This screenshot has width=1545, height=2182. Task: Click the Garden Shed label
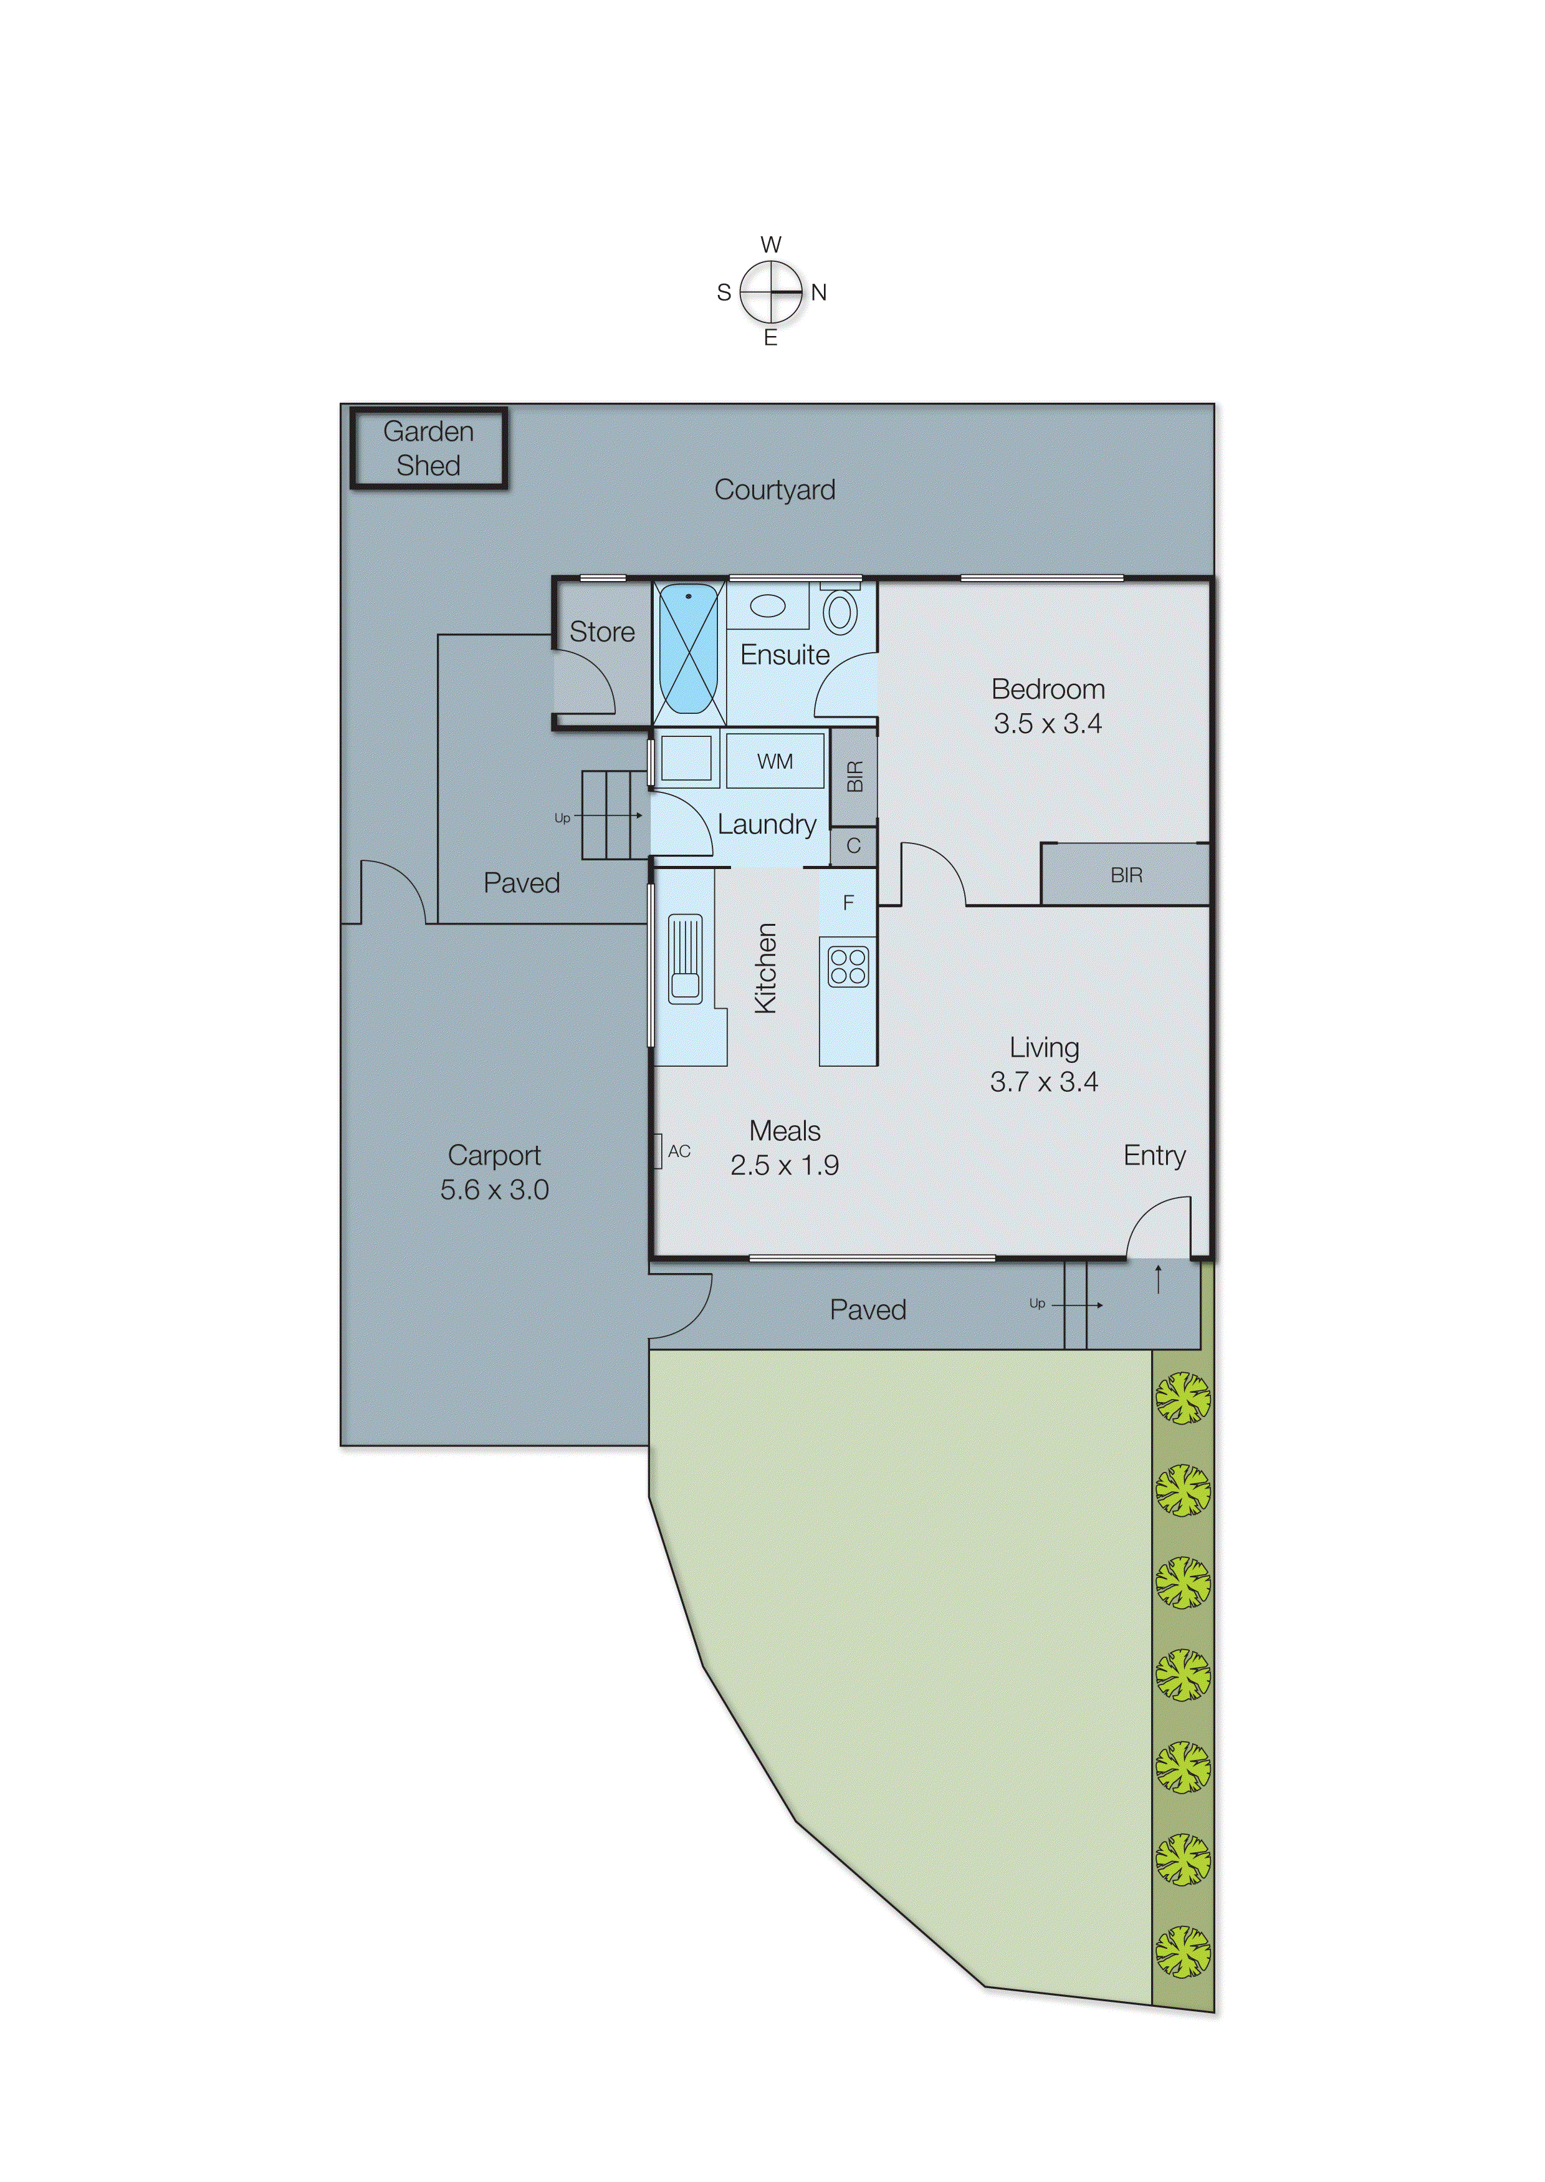tap(428, 448)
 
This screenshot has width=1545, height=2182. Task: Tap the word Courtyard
tap(775, 490)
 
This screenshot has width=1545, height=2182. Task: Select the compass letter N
tap(819, 293)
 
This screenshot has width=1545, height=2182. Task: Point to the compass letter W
tap(770, 244)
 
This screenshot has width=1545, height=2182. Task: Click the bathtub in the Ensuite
tap(689, 650)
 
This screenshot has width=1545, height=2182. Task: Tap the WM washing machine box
tap(775, 761)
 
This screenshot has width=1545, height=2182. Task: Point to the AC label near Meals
tap(678, 1151)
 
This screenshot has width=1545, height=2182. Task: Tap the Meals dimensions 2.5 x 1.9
tap(784, 1166)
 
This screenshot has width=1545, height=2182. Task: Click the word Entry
tap(1154, 1155)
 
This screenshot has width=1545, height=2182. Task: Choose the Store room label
tap(601, 632)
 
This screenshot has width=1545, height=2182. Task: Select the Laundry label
tap(766, 824)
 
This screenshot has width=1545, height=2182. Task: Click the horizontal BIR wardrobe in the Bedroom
tap(1126, 875)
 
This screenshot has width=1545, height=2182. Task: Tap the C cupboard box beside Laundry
tap(853, 846)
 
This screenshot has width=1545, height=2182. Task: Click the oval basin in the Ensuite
tap(768, 606)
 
